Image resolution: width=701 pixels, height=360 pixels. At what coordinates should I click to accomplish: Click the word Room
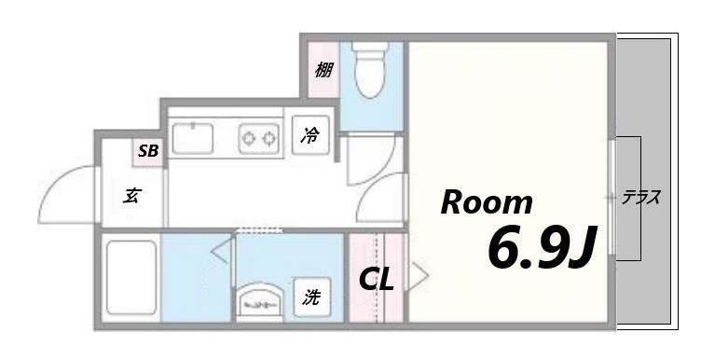pos(487,202)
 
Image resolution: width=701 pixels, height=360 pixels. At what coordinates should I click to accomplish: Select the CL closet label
pos(378,278)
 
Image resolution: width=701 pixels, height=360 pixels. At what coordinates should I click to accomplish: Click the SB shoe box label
pos(148,150)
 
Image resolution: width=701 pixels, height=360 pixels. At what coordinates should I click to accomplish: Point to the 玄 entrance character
pos(132,196)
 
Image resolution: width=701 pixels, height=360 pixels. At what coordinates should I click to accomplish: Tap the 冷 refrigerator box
pos(309,136)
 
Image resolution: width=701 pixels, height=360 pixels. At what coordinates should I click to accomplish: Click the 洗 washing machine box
pos(311,298)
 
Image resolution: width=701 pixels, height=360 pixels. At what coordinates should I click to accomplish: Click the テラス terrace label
pos(642,198)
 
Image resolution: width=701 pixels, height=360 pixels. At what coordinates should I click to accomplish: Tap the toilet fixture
pos(371,69)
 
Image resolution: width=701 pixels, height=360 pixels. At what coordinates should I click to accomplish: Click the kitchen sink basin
pos(194,139)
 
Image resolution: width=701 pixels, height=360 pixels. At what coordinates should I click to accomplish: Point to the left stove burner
pos(249,139)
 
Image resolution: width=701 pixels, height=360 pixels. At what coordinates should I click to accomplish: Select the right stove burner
pos(269,139)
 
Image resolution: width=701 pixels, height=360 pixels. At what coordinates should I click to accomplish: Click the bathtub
pos(131,277)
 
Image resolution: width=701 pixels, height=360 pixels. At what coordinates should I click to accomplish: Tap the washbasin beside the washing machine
pos(262,300)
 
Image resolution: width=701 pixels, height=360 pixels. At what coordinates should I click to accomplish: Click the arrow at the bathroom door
pos(222,250)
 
